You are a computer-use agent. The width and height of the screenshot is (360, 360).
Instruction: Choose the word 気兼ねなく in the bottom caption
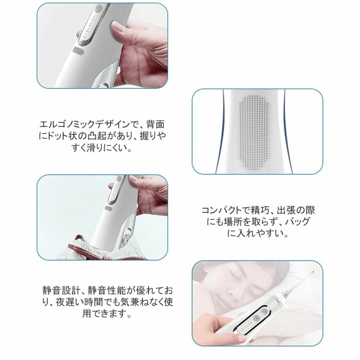pos(142,302)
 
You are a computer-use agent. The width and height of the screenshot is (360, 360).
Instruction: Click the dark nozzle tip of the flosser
pos(312,273)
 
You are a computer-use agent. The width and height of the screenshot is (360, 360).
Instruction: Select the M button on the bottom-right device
pos(256,318)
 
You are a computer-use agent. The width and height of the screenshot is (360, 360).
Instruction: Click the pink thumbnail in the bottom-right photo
pos(241,338)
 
